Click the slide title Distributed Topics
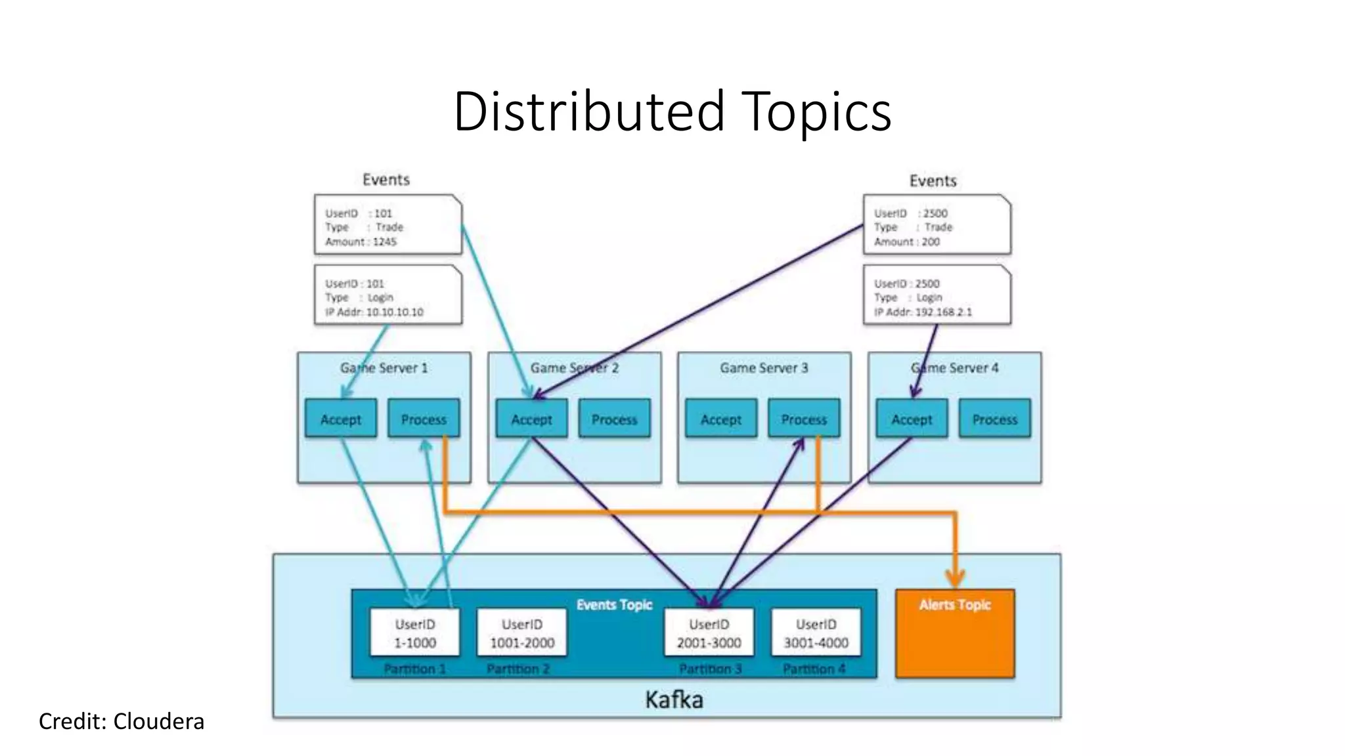[x=672, y=112]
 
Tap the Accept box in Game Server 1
[x=340, y=419]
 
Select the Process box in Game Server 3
[x=803, y=419]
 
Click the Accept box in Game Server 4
[x=911, y=419]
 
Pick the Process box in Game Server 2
[x=614, y=419]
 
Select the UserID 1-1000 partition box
[x=414, y=633]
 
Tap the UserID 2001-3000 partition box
[x=709, y=633]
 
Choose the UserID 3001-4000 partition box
[x=816, y=633]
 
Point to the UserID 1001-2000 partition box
[x=521, y=633]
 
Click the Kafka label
[x=674, y=700]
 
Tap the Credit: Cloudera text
[x=121, y=721]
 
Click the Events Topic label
[x=614, y=604]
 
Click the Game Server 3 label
[x=764, y=367]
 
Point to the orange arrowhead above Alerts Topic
[x=955, y=578]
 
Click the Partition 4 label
[x=814, y=669]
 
